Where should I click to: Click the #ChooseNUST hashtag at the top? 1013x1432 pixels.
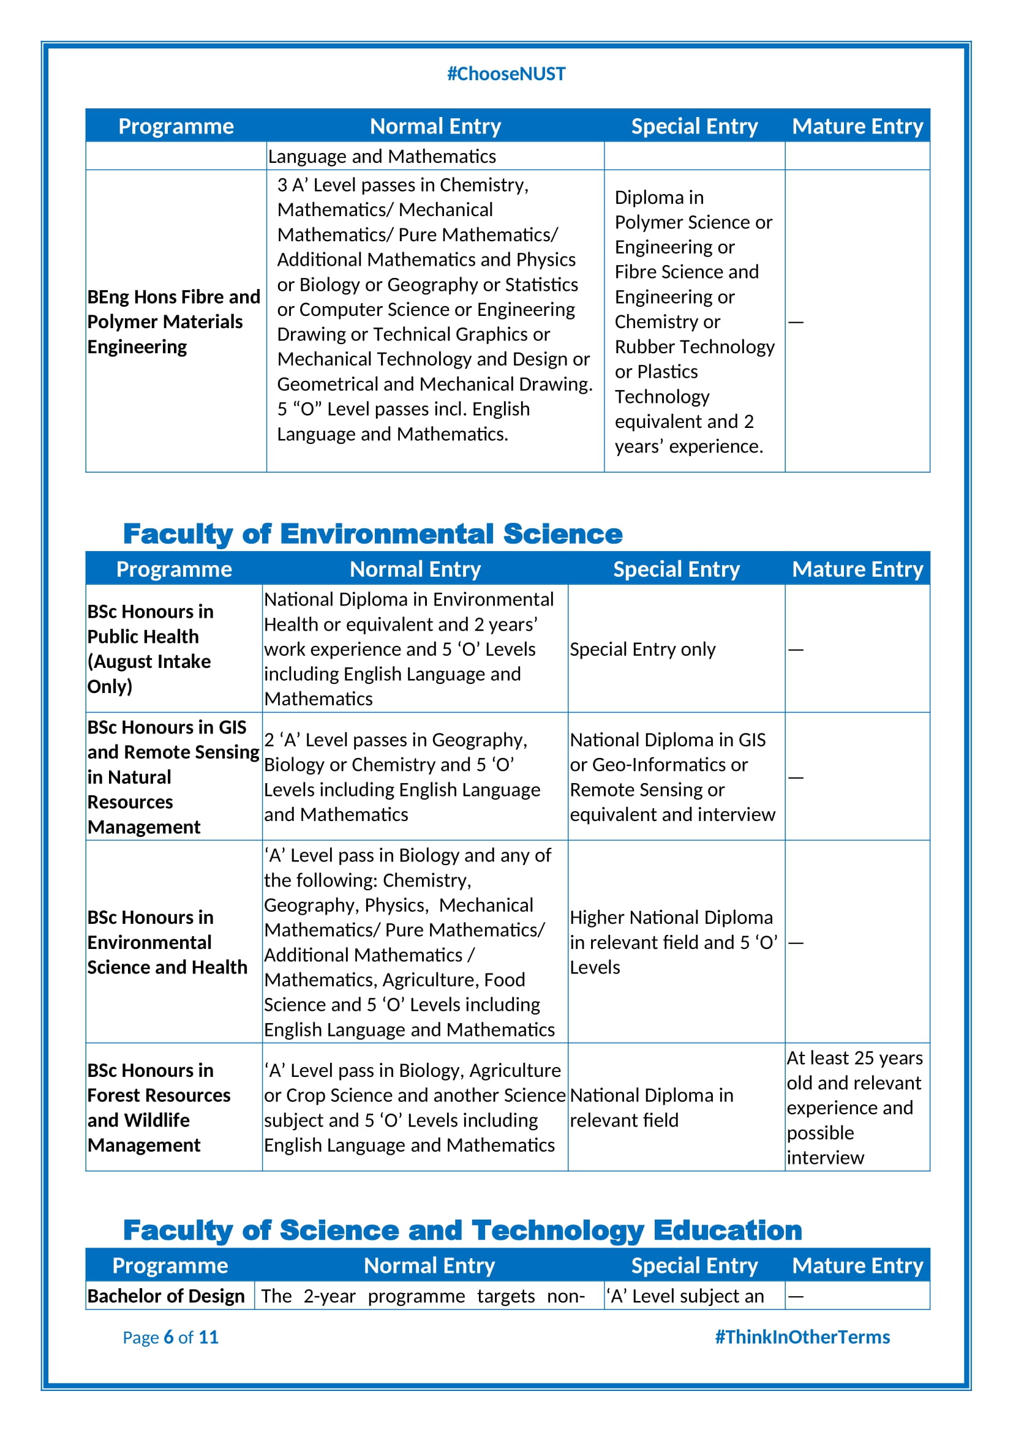click(506, 74)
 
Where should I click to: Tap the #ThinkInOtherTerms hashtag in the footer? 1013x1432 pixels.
click(802, 1336)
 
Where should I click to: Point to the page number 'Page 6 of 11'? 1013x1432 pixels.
click(170, 1337)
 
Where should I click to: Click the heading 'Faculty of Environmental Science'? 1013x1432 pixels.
click(372, 534)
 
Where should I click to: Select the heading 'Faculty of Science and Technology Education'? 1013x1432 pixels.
click(462, 1230)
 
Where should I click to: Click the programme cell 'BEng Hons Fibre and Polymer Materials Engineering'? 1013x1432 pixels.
click(173, 322)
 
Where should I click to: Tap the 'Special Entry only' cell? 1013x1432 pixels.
click(642, 649)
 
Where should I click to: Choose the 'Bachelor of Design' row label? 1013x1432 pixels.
click(166, 1296)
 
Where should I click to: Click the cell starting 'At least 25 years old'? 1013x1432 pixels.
click(854, 1108)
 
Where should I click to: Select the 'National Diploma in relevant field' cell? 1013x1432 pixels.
click(651, 1108)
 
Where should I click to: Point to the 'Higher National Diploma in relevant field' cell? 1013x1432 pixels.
click(673, 942)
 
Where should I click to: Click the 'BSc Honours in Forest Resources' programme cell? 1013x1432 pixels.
click(159, 1108)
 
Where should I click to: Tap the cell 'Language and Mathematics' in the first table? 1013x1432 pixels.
click(382, 157)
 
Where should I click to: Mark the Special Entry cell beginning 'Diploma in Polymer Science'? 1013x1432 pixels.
click(694, 322)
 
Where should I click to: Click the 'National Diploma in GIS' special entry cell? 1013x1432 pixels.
click(672, 777)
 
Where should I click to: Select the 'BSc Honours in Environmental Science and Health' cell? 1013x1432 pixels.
click(167, 942)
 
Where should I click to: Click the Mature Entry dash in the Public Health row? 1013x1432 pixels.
click(796, 649)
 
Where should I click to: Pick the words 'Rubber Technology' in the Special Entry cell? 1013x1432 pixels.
click(695, 347)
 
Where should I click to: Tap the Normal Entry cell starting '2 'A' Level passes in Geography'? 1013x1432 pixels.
click(402, 777)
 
